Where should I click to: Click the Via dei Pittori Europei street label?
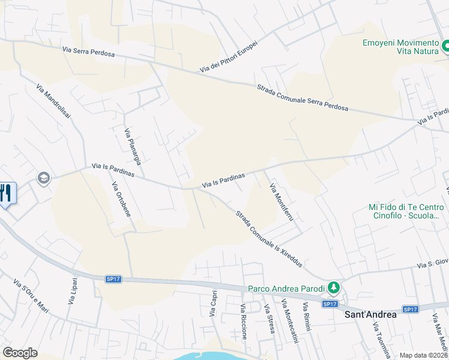click(229, 57)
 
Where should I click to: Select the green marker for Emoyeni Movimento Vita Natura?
click(445, 46)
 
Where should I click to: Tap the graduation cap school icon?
click(43, 178)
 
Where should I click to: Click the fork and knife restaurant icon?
click(6, 193)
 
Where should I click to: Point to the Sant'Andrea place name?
click(370, 314)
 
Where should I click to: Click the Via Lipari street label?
click(72, 291)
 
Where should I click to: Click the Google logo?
click(20, 353)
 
